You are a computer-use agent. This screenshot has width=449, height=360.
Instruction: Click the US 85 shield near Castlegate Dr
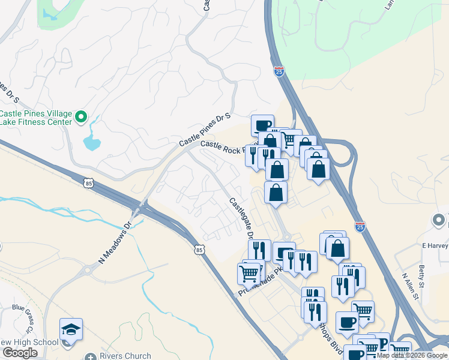pos(200,248)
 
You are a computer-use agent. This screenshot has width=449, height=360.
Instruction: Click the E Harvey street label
pos(435,245)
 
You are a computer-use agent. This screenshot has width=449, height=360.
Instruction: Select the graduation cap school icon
pos(71,329)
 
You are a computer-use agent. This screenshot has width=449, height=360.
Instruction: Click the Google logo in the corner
pos(20,353)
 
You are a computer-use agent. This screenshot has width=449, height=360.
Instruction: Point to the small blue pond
pos(91,142)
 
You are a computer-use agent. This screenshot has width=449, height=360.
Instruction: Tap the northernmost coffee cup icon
pos(262,125)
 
